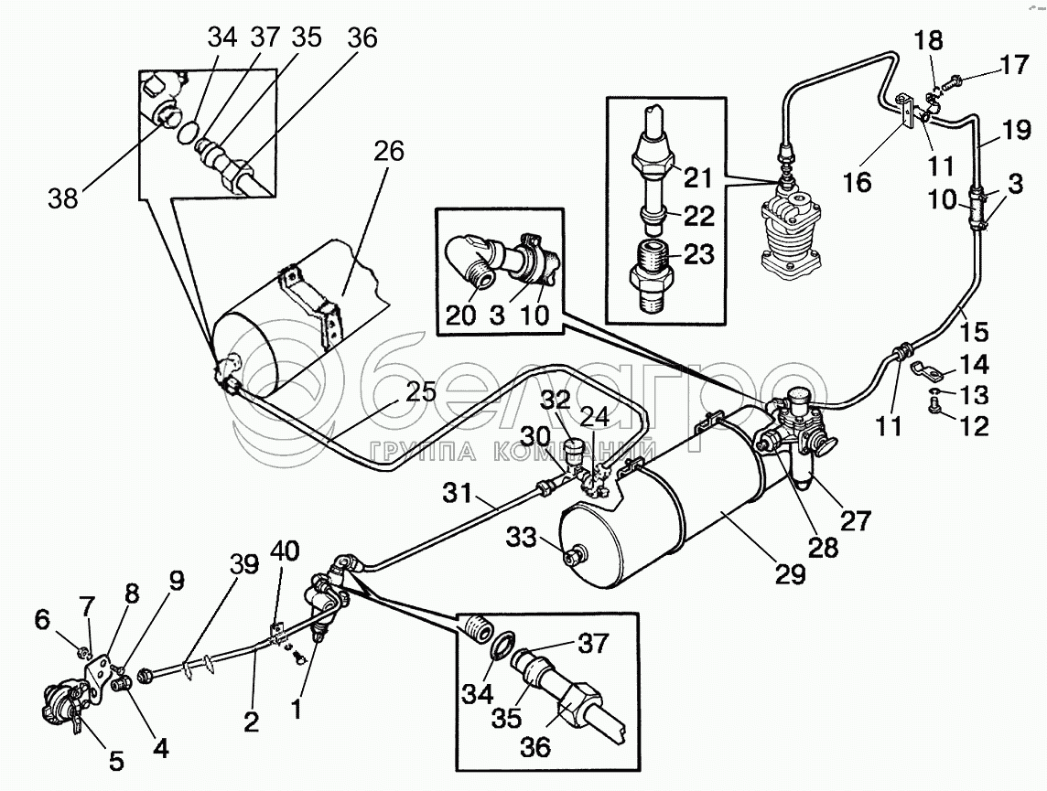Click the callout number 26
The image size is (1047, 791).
point(389,152)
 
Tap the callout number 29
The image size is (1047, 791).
point(790,574)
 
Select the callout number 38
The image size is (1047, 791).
point(63,198)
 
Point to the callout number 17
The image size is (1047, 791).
point(1015,65)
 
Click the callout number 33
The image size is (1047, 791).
point(522,537)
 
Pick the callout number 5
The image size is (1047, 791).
point(116,761)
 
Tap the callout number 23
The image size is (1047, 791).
point(698,254)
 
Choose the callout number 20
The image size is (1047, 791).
point(460,315)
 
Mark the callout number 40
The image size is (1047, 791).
point(286,551)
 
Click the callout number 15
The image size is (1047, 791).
point(975,331)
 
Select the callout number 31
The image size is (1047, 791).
point(458,494)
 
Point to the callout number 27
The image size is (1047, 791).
point(856,519)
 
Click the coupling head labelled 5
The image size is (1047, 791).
point(65,706)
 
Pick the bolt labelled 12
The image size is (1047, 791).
point(934,406)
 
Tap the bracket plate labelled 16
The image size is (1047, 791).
point(905,110)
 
